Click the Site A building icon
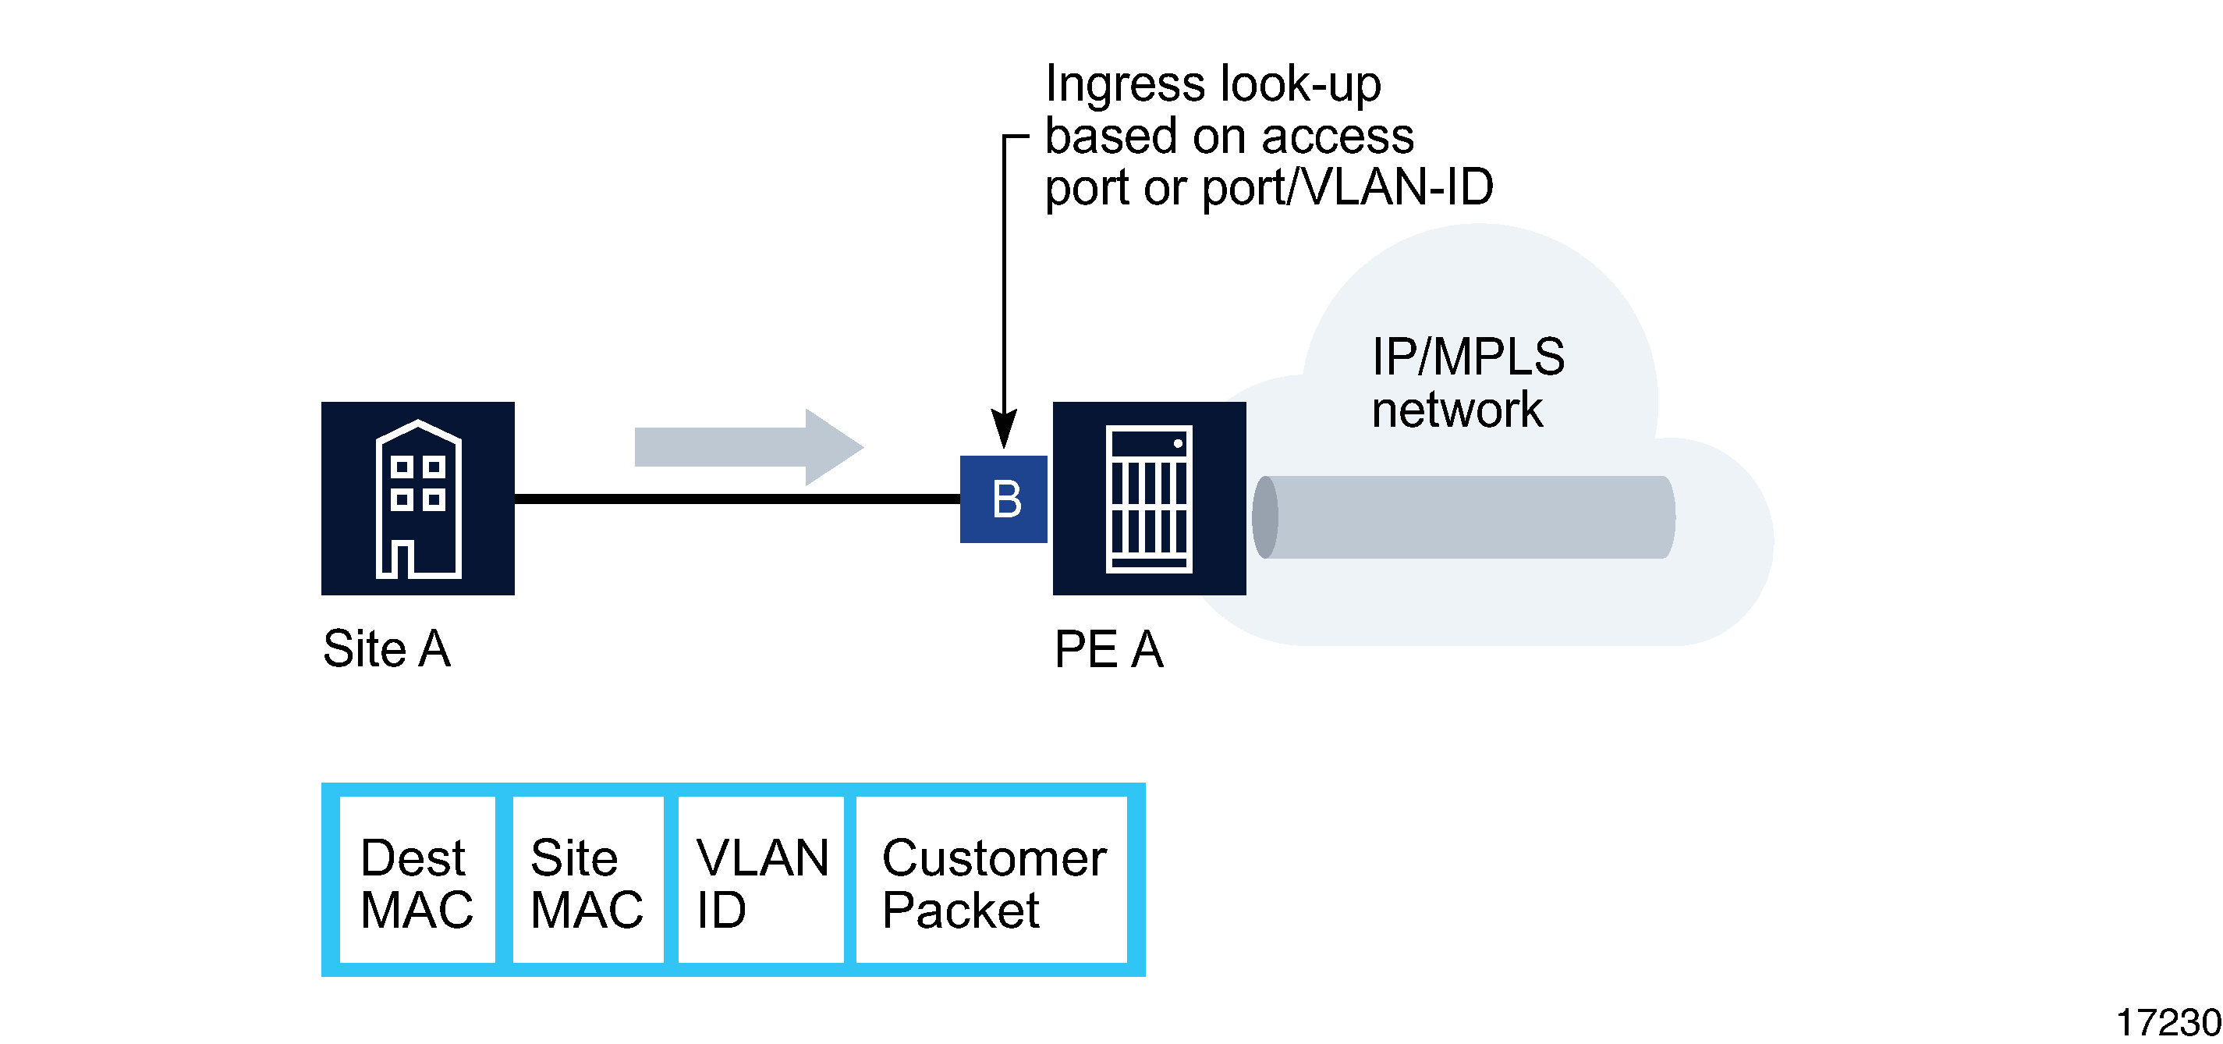point(417,499)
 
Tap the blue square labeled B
point(1003,499)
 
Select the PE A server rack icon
point(1149,499)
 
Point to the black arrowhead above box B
point(1004,428)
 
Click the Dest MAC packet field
point(417,880)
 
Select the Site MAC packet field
point(587,880)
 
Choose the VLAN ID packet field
point(760,880)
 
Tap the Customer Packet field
point(992,880)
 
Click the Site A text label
point(387,648)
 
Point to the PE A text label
point(1108,649)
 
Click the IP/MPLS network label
point(1466,382)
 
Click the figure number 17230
point(2167,1021)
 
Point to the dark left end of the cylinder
point(1265,517)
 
